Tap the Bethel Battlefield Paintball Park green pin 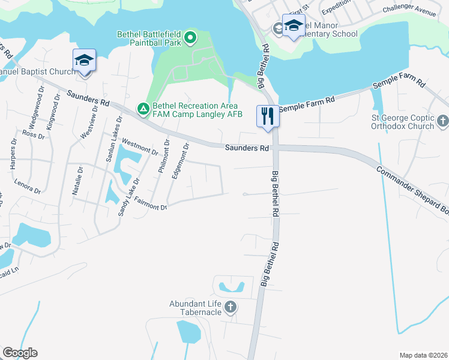[190, 39]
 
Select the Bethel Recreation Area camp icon [143, 109]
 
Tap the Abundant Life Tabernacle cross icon [230, 308]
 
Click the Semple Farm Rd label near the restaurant [307, 104]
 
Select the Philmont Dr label [163, 155]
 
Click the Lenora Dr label [28, 187]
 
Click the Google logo [19, 353]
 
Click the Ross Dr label [34, 134]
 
